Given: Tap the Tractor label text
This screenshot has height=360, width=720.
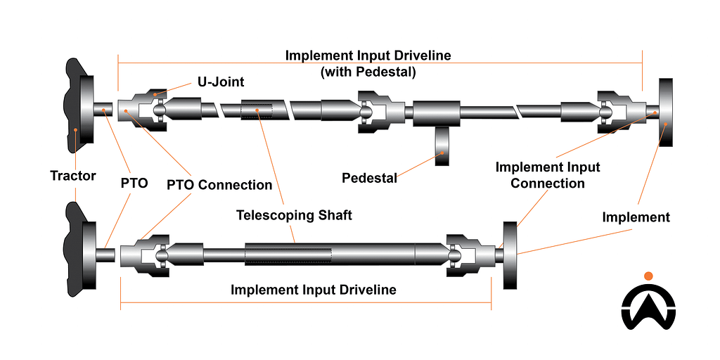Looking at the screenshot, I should (x=73, y=175).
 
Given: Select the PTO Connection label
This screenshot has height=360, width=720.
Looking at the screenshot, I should (x=219, y=185).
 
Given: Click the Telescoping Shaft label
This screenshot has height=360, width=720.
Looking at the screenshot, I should (x=294, y=215).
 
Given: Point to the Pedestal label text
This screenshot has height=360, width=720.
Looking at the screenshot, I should (x=369, y=178).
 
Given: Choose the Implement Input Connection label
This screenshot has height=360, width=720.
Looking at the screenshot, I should (x=548, y=175).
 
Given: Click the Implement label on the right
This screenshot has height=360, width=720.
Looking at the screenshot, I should (x=636, y=217).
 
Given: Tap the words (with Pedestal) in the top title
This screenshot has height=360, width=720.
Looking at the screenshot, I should (x=368, y=71).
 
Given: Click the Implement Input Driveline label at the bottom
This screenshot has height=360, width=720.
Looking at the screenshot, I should (x=314, y=290).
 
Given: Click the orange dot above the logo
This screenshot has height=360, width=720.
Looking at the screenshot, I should (x=648, y=276).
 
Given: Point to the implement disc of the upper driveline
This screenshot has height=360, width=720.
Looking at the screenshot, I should (x=666, y=112).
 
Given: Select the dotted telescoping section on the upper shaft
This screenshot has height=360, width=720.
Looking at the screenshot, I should (x=256, y=110).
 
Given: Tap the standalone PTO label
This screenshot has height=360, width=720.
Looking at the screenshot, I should (x=134, y=185).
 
